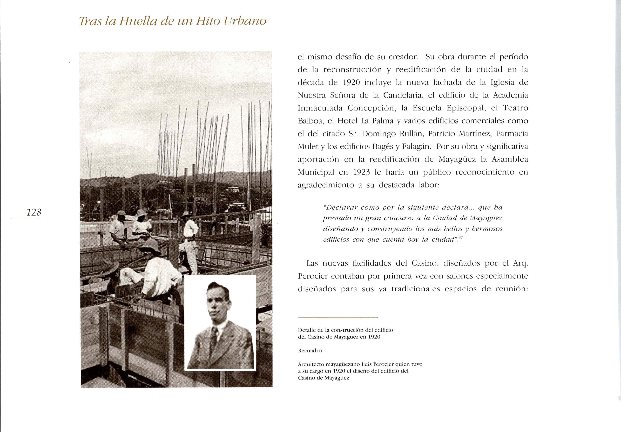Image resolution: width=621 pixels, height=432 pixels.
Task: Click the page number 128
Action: point(34,212)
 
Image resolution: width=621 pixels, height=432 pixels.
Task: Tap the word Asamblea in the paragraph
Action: point(510,159)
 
